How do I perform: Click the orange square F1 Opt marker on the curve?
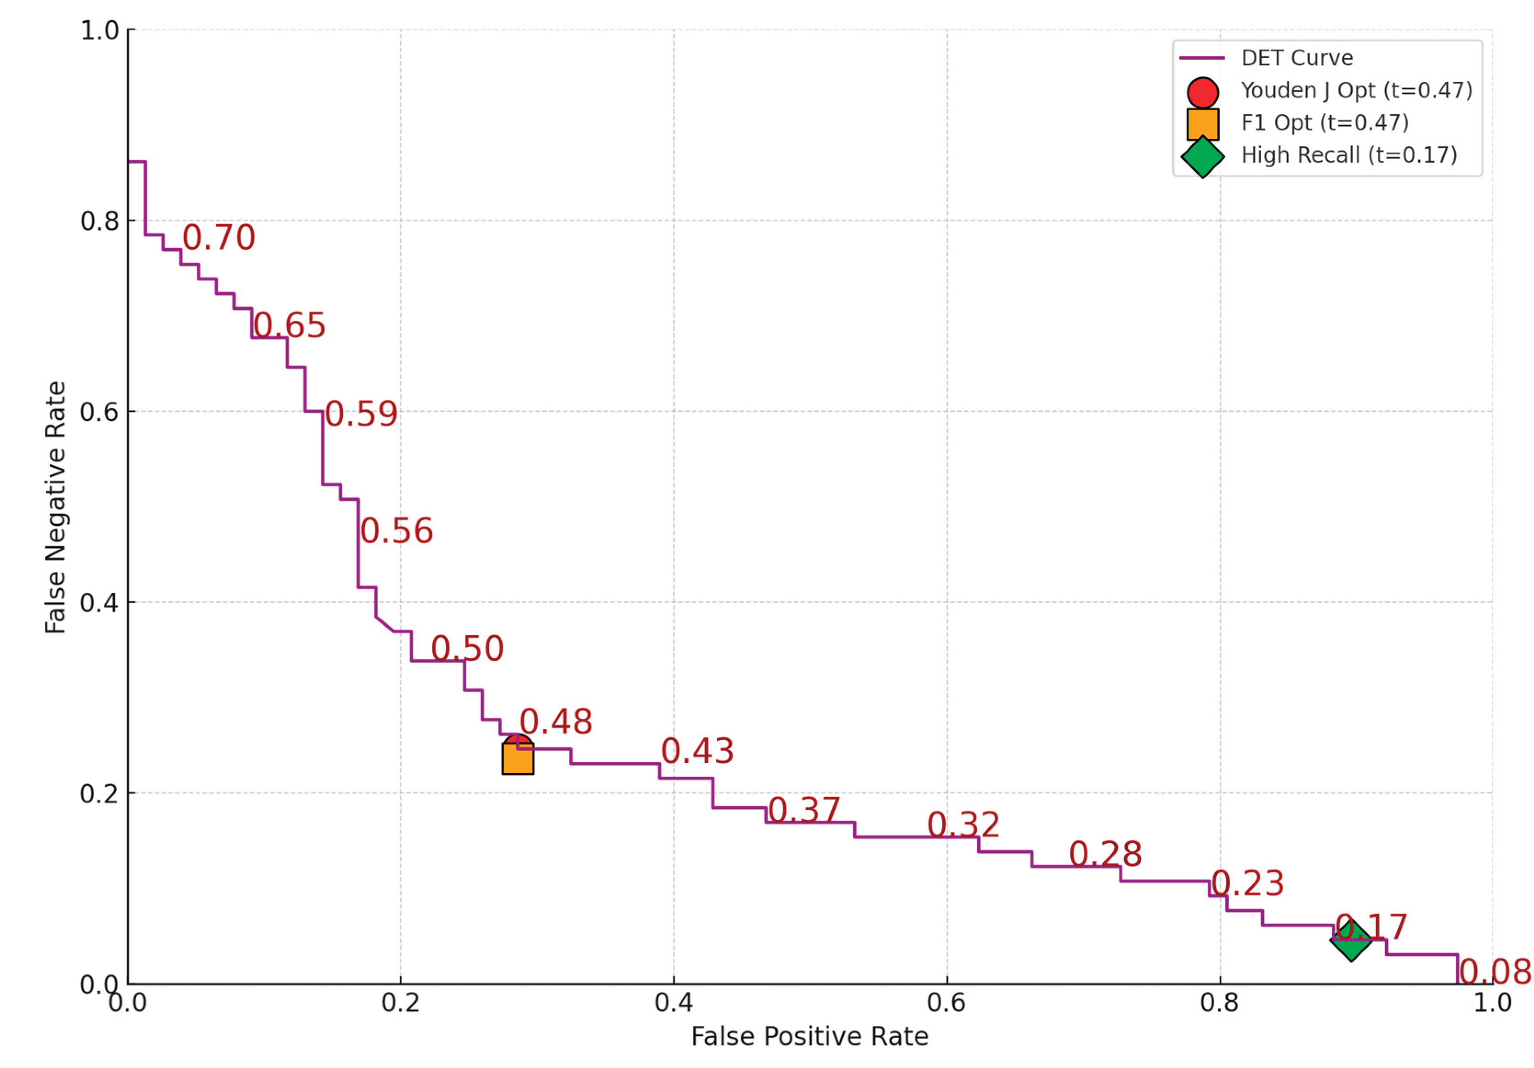point(518,759)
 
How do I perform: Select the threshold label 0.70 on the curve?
point(219,238)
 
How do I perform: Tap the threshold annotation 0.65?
point(289,325)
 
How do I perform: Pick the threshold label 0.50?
point(467,648)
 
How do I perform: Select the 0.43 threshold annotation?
point(697,751)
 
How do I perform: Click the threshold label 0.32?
point(963,825)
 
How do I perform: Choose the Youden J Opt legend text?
point(1356,90)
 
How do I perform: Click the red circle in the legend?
point(1203,93)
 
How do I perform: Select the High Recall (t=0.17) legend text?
point(1349,155)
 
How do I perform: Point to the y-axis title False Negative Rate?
point(56,507)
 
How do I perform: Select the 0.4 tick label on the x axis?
point(674,1002)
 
